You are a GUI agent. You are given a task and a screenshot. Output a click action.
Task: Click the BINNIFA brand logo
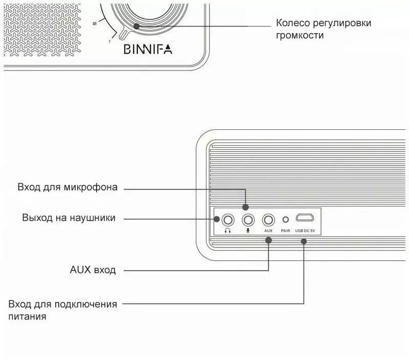coord(148,49)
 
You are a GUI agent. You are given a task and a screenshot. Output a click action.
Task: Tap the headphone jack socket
coord(228,220)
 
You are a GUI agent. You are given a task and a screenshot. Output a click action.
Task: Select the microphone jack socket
coord(248,220)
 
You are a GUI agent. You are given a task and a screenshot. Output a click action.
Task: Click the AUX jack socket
coord(268,220)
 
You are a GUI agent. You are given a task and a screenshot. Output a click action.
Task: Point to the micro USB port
coord(305,218)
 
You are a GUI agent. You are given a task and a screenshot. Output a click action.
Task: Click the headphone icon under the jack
coord(228,231)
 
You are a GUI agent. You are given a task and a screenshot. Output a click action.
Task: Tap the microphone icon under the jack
coord(248,231)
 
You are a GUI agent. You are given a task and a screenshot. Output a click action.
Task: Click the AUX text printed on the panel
coord(268,231)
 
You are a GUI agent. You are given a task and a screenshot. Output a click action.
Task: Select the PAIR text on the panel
coord(286,231)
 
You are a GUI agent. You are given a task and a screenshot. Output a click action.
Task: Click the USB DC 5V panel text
coord(305,231)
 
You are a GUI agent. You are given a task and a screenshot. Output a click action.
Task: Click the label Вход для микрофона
coord(67,187)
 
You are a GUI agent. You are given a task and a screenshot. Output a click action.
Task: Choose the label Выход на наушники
coord(69,217)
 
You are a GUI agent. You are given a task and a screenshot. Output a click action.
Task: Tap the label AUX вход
coord(93,269)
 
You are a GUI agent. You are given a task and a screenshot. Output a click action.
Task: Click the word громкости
coord(300,35)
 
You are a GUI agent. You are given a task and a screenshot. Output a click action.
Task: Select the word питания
coord(28,317)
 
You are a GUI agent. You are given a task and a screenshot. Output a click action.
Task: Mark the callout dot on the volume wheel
coord(136,26)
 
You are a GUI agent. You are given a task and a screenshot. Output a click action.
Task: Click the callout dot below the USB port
coord(304,241)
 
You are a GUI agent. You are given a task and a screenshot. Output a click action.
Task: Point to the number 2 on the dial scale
coord(95,24)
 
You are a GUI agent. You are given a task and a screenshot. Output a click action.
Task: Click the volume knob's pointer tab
coord(123,34)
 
